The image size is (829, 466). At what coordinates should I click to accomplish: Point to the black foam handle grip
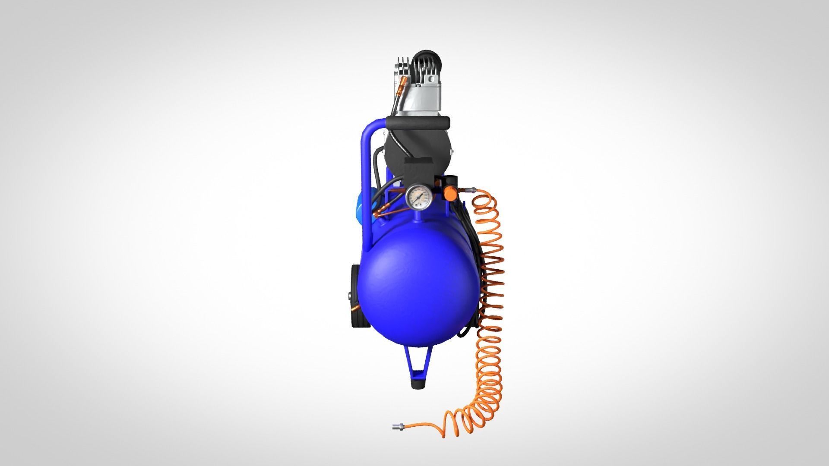(418, 124)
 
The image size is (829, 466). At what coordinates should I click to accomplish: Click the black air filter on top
(425, 60)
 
